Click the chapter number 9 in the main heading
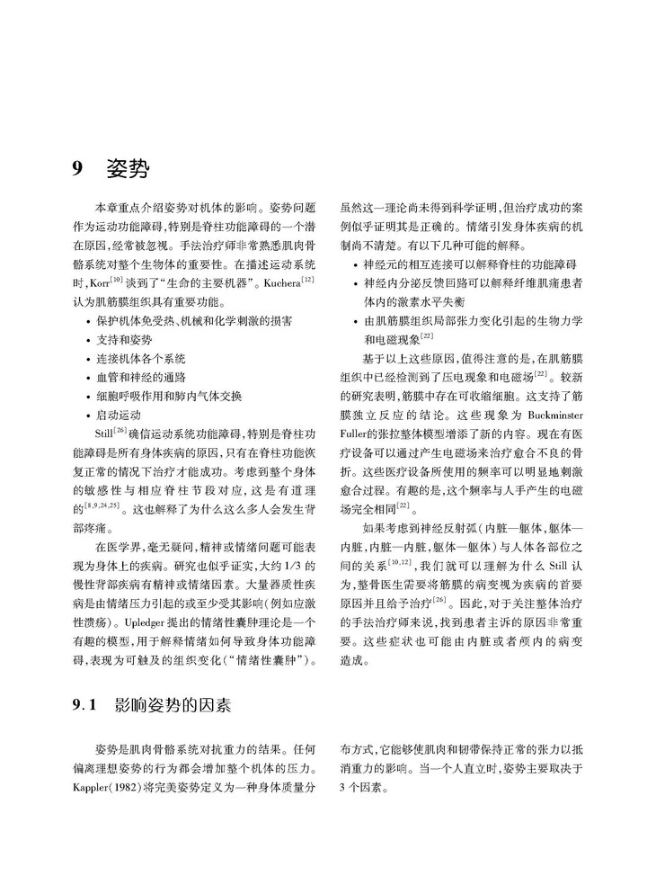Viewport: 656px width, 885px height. click(78, 168)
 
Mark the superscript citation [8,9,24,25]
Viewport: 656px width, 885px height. click(99, 505)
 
